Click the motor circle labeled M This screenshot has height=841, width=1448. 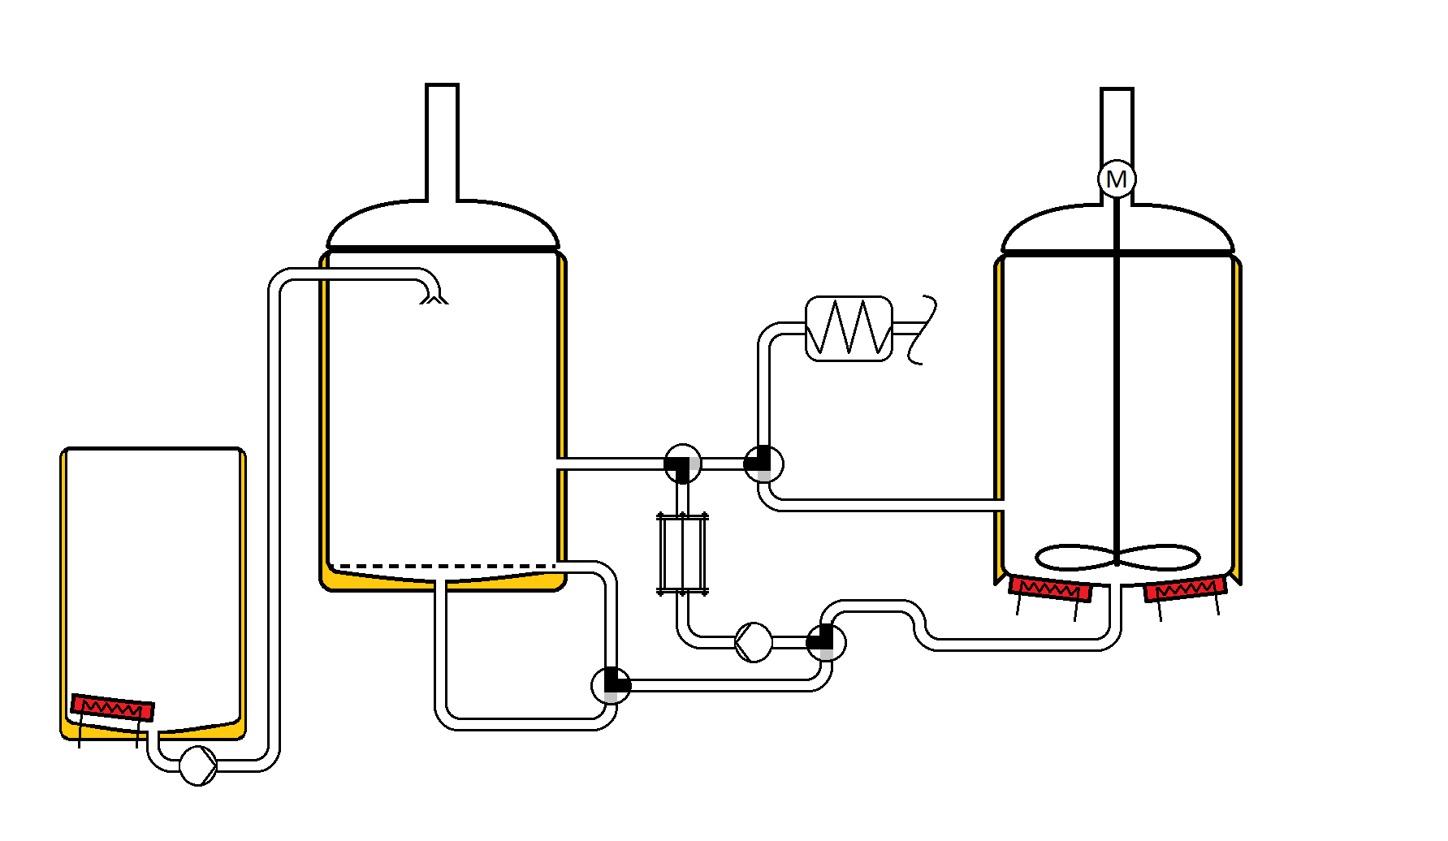[x=1117, y=179]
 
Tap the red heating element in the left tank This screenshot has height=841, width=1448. [x=112, y=708]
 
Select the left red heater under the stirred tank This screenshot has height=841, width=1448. [x=1050, y=589]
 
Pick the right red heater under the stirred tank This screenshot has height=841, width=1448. [x=1185, y=589]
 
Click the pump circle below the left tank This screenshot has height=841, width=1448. [x=197, y=766]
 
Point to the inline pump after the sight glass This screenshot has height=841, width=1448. [x=754, y=642]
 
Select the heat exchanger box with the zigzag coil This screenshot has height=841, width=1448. [x=849, y=329]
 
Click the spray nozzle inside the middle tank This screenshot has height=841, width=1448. [x=434, y=297]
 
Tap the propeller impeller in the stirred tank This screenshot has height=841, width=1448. [x=1117, y=558]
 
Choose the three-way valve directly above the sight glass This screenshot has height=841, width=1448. [x=682, y=464]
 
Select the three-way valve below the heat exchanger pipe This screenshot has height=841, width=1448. [x=763, y=464]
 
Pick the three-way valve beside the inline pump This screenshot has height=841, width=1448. [x=826, y=642]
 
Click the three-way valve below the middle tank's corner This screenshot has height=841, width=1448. [x=612, y=684]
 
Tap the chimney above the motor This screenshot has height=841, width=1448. [x=1117, y=122]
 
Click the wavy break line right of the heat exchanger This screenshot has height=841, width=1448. [x=923, y=329]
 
